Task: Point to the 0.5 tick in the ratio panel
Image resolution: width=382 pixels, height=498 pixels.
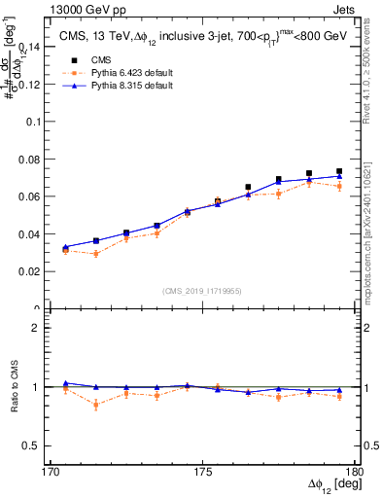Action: [x=37, y=445]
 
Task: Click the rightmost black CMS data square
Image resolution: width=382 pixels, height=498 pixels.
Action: [x=339, y=171]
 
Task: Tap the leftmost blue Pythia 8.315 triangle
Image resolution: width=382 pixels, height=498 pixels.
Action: [x=65, y=247]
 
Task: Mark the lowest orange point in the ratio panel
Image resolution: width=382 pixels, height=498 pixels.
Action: [x=96, y=405]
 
